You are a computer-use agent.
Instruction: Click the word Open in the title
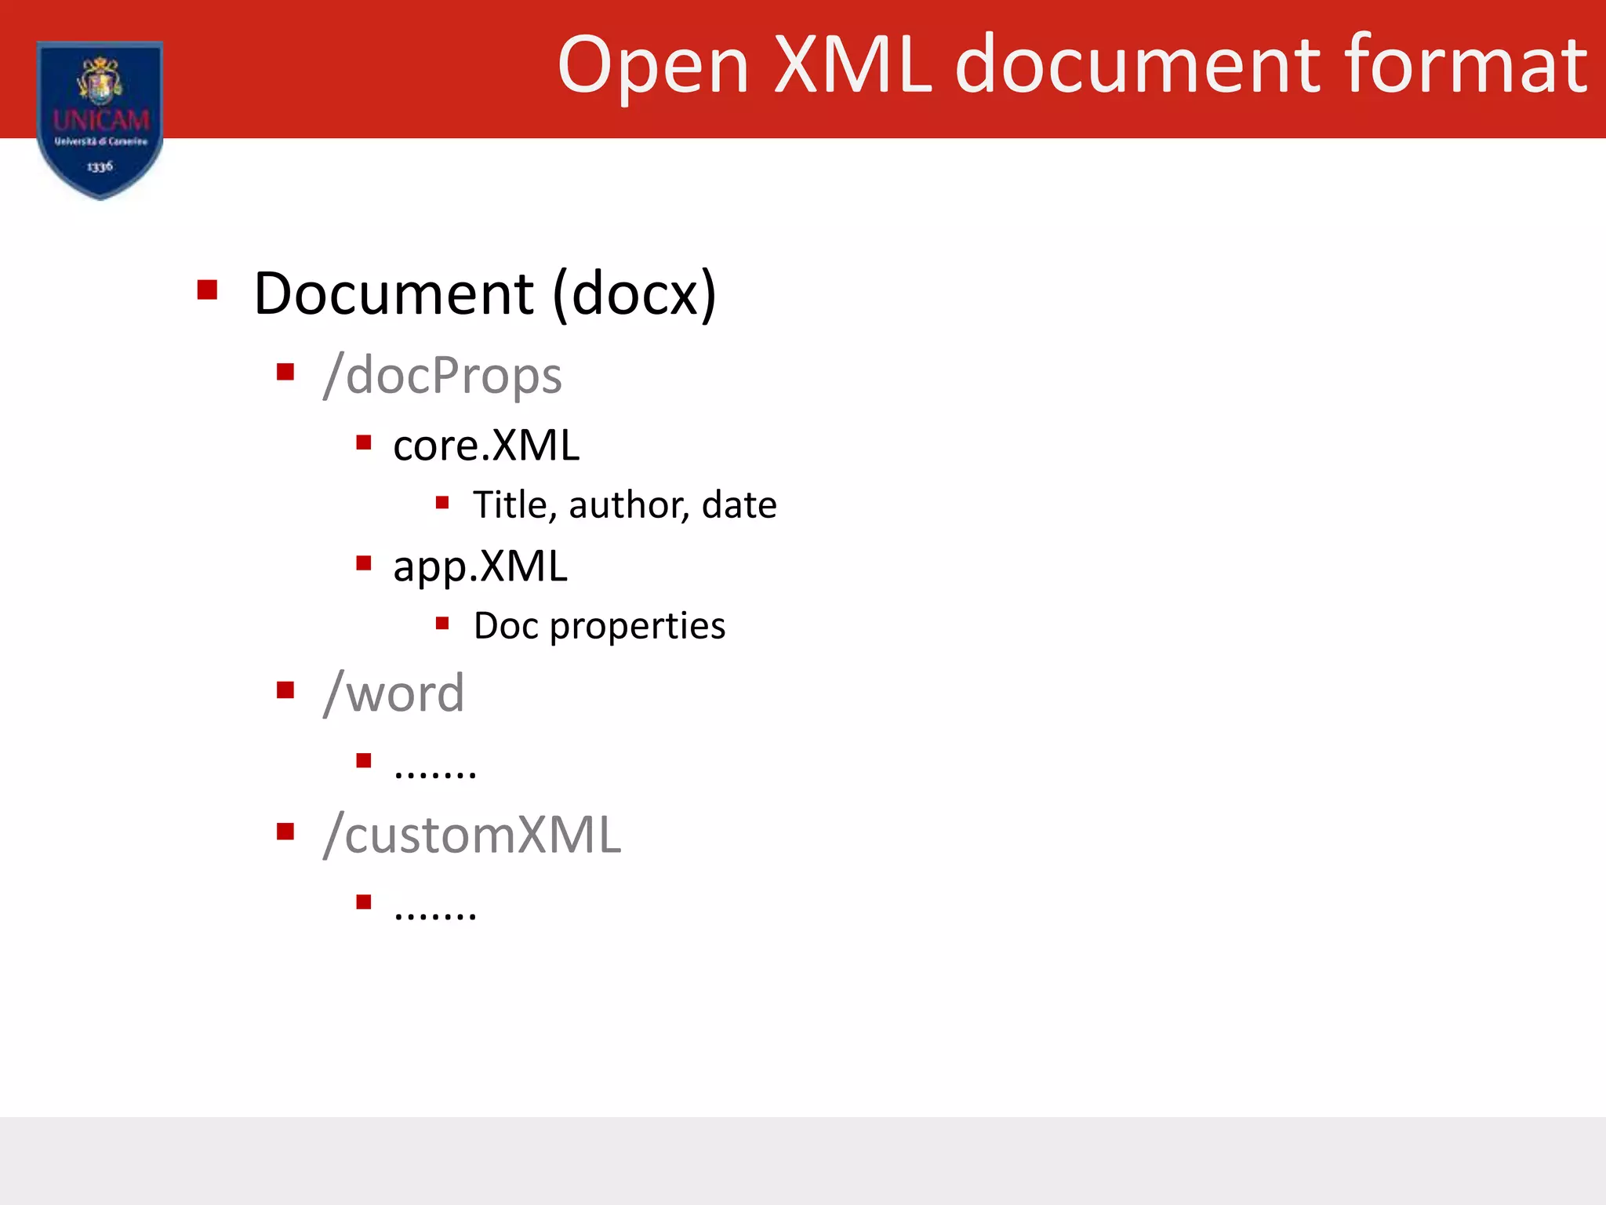click(x=652, y=67)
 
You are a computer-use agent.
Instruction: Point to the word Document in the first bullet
click(x=394, y=293)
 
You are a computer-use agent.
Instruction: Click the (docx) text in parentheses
click(x=634, y=293)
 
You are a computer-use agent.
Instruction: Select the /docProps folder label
click(x=442, y=375)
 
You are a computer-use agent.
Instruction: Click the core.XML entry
click(x=486, y=446)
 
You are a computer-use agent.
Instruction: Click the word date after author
click(x=739, y=504)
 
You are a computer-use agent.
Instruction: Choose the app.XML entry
click(x=480, y=566)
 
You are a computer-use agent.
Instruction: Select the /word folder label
click(x=394, y=694)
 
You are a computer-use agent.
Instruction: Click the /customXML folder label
click(x=472, y=835)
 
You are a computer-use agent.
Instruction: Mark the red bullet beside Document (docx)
click(x=207, y=290)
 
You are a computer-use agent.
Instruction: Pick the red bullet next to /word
click(x=285, y=690)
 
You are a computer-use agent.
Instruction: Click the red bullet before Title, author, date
click(x=442, y=502)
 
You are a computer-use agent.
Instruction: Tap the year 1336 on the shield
click(x=100, y=166)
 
